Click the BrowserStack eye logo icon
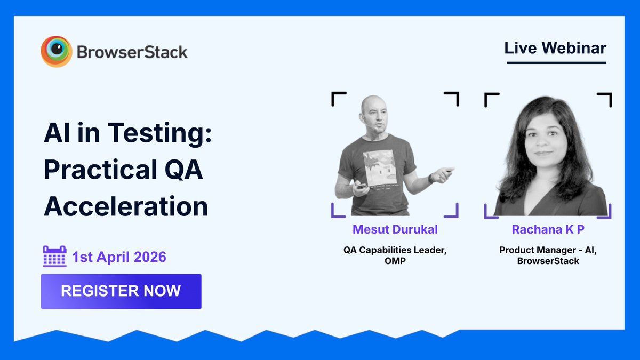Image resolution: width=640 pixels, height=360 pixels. point(56,52)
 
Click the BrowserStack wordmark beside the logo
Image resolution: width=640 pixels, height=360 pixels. point(132,52)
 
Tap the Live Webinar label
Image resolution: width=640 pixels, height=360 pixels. point(555,48)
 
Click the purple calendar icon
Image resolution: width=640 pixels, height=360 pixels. point(54,257)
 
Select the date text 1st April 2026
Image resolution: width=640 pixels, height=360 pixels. point(119,257)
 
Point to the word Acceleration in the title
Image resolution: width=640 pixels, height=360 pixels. point(125,206)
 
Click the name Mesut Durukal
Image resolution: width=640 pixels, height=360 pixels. point(395,229)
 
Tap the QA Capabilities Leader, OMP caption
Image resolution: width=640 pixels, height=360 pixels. point(395,255)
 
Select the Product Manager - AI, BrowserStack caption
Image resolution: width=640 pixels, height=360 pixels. point(547,255)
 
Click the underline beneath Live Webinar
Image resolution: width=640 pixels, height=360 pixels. point(556,63)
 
